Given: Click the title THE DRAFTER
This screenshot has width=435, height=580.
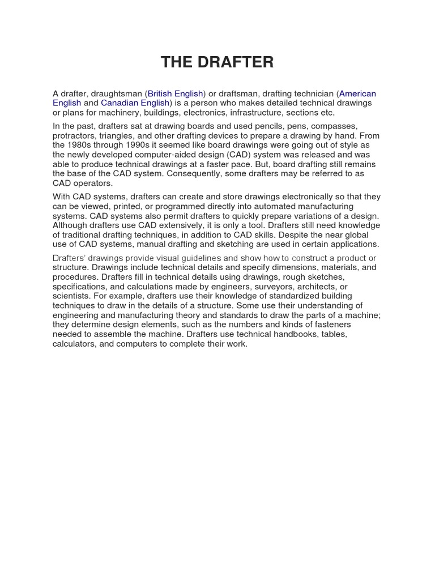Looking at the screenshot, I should pos(217,62).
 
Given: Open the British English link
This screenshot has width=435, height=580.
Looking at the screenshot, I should pos(175,93).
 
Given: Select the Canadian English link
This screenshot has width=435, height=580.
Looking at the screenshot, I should pos(135,103).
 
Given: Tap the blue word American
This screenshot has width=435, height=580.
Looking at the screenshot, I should pos(357,93).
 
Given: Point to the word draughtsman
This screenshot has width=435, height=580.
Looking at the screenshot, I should pos(117,93).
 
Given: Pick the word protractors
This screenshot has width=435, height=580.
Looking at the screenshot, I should pos(74,136).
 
